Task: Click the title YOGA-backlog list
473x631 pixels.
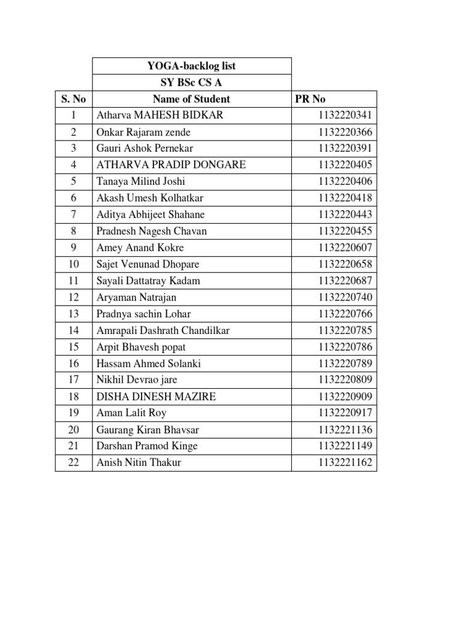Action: [x=191, y=66]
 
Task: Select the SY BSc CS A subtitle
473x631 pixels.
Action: [x=191, y=83]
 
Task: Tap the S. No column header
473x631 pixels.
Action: [x=74, y=99]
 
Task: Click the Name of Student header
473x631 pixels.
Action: [x=191, y=99]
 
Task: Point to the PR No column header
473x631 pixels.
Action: [x=311, y=99]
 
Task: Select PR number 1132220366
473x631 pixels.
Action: [x=346, y=132]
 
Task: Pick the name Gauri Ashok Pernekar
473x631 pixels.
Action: [x=145, y=149]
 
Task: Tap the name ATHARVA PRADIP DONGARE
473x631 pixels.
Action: [x=171, y=165]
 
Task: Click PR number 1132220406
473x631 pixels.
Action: [x=346, y=181]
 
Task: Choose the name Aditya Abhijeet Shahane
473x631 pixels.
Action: [x=151, y=214]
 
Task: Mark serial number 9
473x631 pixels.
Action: [x=74, y=248]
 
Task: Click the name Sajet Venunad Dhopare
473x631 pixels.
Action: [x=148, y=264]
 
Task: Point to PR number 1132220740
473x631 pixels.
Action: [x=346, y=297]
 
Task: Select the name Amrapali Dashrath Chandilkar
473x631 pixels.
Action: [x=163, y=330]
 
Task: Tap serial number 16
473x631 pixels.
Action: [x=74, y=364]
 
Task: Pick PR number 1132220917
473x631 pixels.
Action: [x=346, y=413]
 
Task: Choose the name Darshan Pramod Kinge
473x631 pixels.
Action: [x=147, y=446]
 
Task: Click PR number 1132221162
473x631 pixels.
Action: [x=346, y=462]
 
